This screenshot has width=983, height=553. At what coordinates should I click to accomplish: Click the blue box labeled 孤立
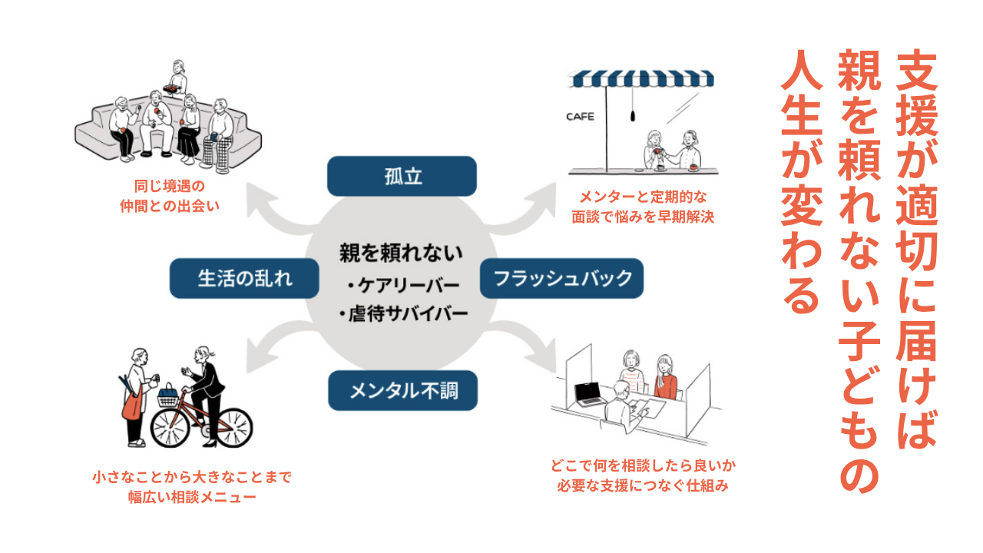click(x=402, y=176)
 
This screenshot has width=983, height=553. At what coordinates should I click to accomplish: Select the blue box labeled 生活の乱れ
click(x=245, y=278)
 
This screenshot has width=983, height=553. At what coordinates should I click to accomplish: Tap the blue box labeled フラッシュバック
click(x=561, y=278)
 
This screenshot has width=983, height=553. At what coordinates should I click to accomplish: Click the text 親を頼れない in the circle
click(x=402, y=253)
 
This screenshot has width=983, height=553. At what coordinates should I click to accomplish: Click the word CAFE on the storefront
click(x=580, y=117)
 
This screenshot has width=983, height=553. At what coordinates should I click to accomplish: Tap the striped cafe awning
click(x=640, y=78)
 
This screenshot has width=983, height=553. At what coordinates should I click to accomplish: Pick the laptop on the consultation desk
click(x=591, y=394)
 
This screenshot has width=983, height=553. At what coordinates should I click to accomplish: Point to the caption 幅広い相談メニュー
click(x=192, y=497)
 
